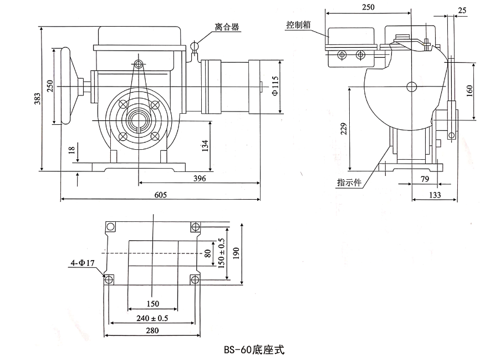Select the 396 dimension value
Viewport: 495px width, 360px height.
200,178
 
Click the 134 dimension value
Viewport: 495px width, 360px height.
206,147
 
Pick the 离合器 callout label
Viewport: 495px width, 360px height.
227,27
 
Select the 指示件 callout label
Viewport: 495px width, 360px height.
349,182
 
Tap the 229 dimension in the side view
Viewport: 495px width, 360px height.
344,129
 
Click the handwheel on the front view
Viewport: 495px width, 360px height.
67,87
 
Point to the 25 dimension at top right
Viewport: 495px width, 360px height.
462,9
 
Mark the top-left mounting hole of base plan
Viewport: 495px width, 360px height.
111,227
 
